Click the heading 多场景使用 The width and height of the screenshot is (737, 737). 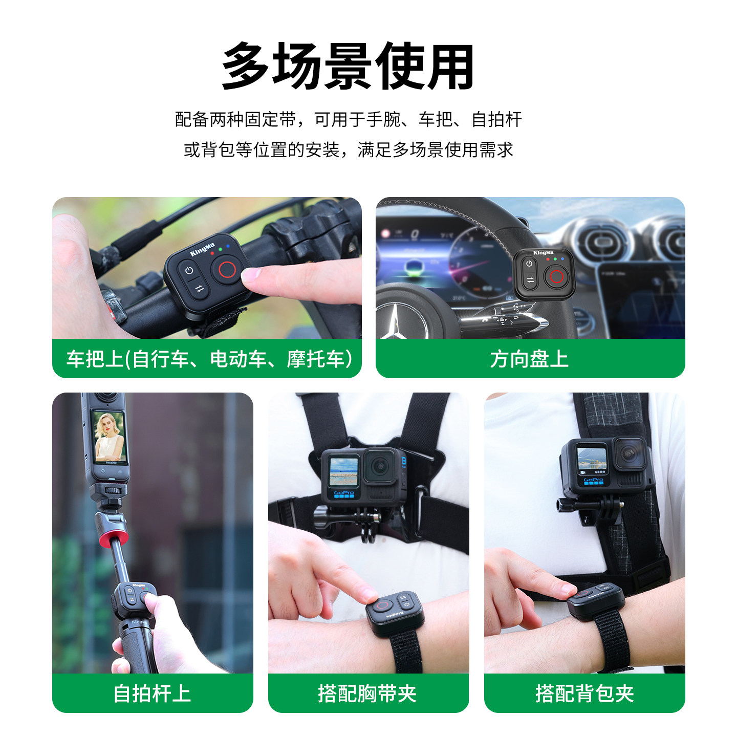pos(348,67)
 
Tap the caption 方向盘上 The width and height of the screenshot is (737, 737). pos(529,359)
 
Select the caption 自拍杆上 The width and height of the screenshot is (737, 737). pos(152,693)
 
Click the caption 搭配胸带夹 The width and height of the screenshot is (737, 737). pos(367,693)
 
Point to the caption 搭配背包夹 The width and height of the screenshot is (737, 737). pos(584,693)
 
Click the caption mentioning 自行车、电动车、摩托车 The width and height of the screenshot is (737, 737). pos(209,359)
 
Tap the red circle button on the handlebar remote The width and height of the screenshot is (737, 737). pos(227,270)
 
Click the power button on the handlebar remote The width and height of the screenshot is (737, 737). pos(189,271)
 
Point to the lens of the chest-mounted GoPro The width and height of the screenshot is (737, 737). pos(379,466)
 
